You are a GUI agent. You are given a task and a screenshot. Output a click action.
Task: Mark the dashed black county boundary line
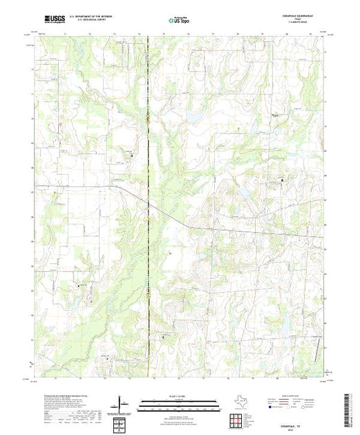click(149, 207)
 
